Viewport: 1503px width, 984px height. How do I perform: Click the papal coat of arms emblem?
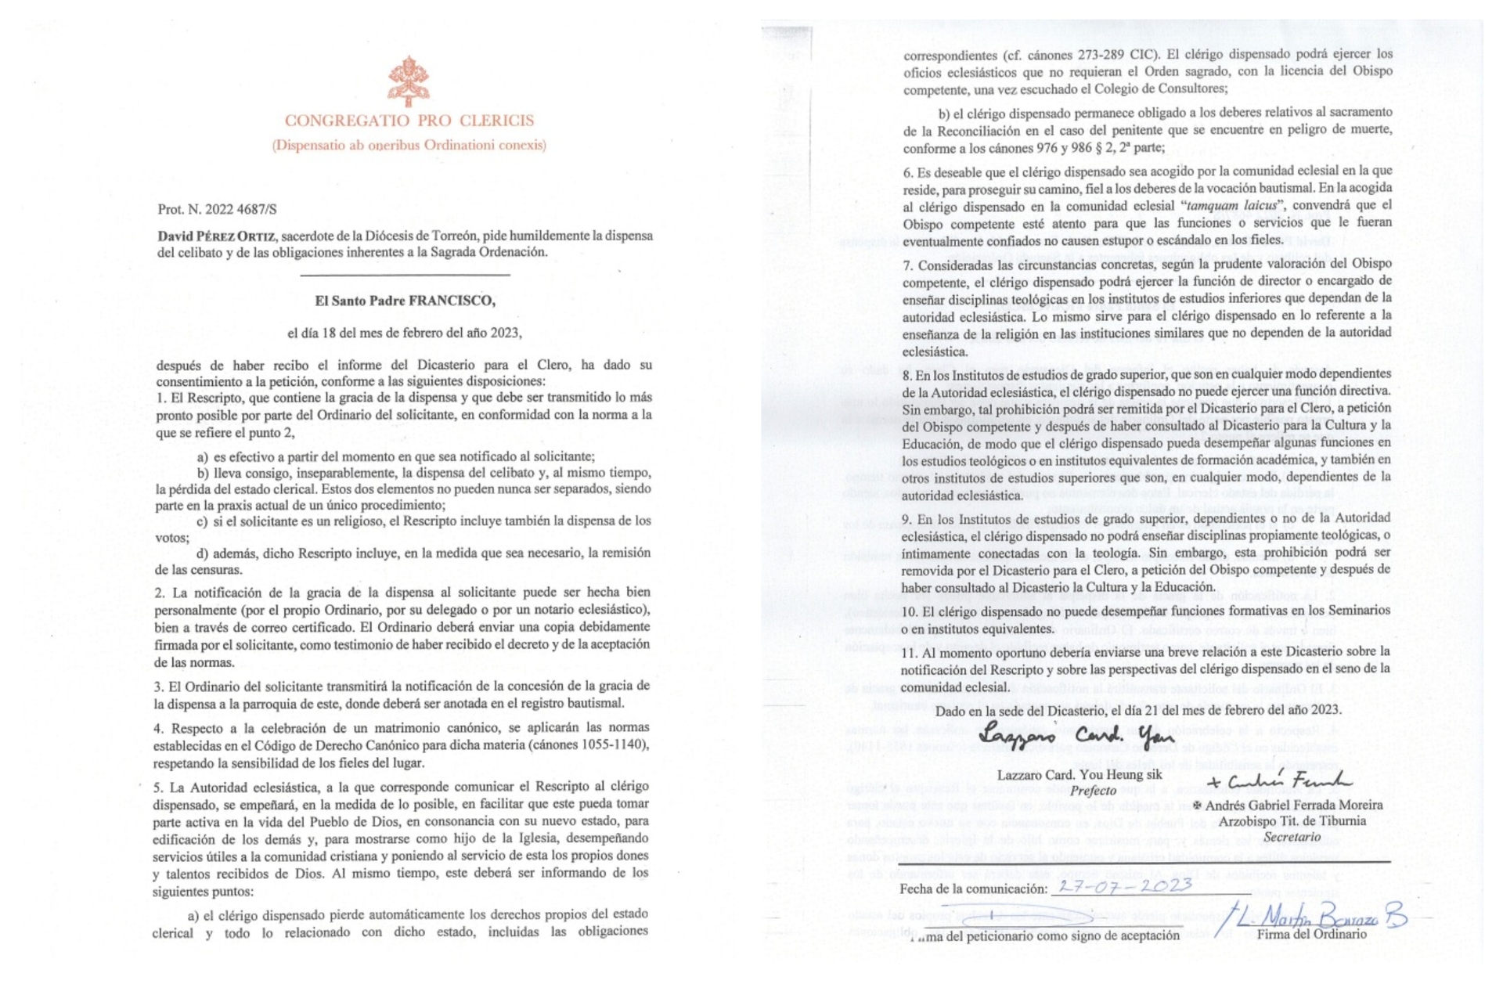pos(409,81)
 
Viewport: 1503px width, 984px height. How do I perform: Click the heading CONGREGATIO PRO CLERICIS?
pos(409,121)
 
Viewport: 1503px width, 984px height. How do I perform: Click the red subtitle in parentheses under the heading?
pos(409,145)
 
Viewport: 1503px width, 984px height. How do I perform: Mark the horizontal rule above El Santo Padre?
pos(405,276)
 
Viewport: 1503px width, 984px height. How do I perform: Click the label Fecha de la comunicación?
pos(973,888)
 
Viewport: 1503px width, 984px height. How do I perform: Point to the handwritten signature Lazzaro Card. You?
pos(1076,737)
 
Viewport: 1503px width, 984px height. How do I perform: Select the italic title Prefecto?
pos(1094,790)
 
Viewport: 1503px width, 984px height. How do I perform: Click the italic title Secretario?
pos(1292,836)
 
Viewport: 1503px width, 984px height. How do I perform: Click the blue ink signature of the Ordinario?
pos(1315,916)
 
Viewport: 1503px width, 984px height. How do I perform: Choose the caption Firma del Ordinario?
pos(1311,934)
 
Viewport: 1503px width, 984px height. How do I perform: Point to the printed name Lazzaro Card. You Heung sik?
pos(1079,775)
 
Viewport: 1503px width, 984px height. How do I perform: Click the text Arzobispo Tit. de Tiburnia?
pos(1292,820)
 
